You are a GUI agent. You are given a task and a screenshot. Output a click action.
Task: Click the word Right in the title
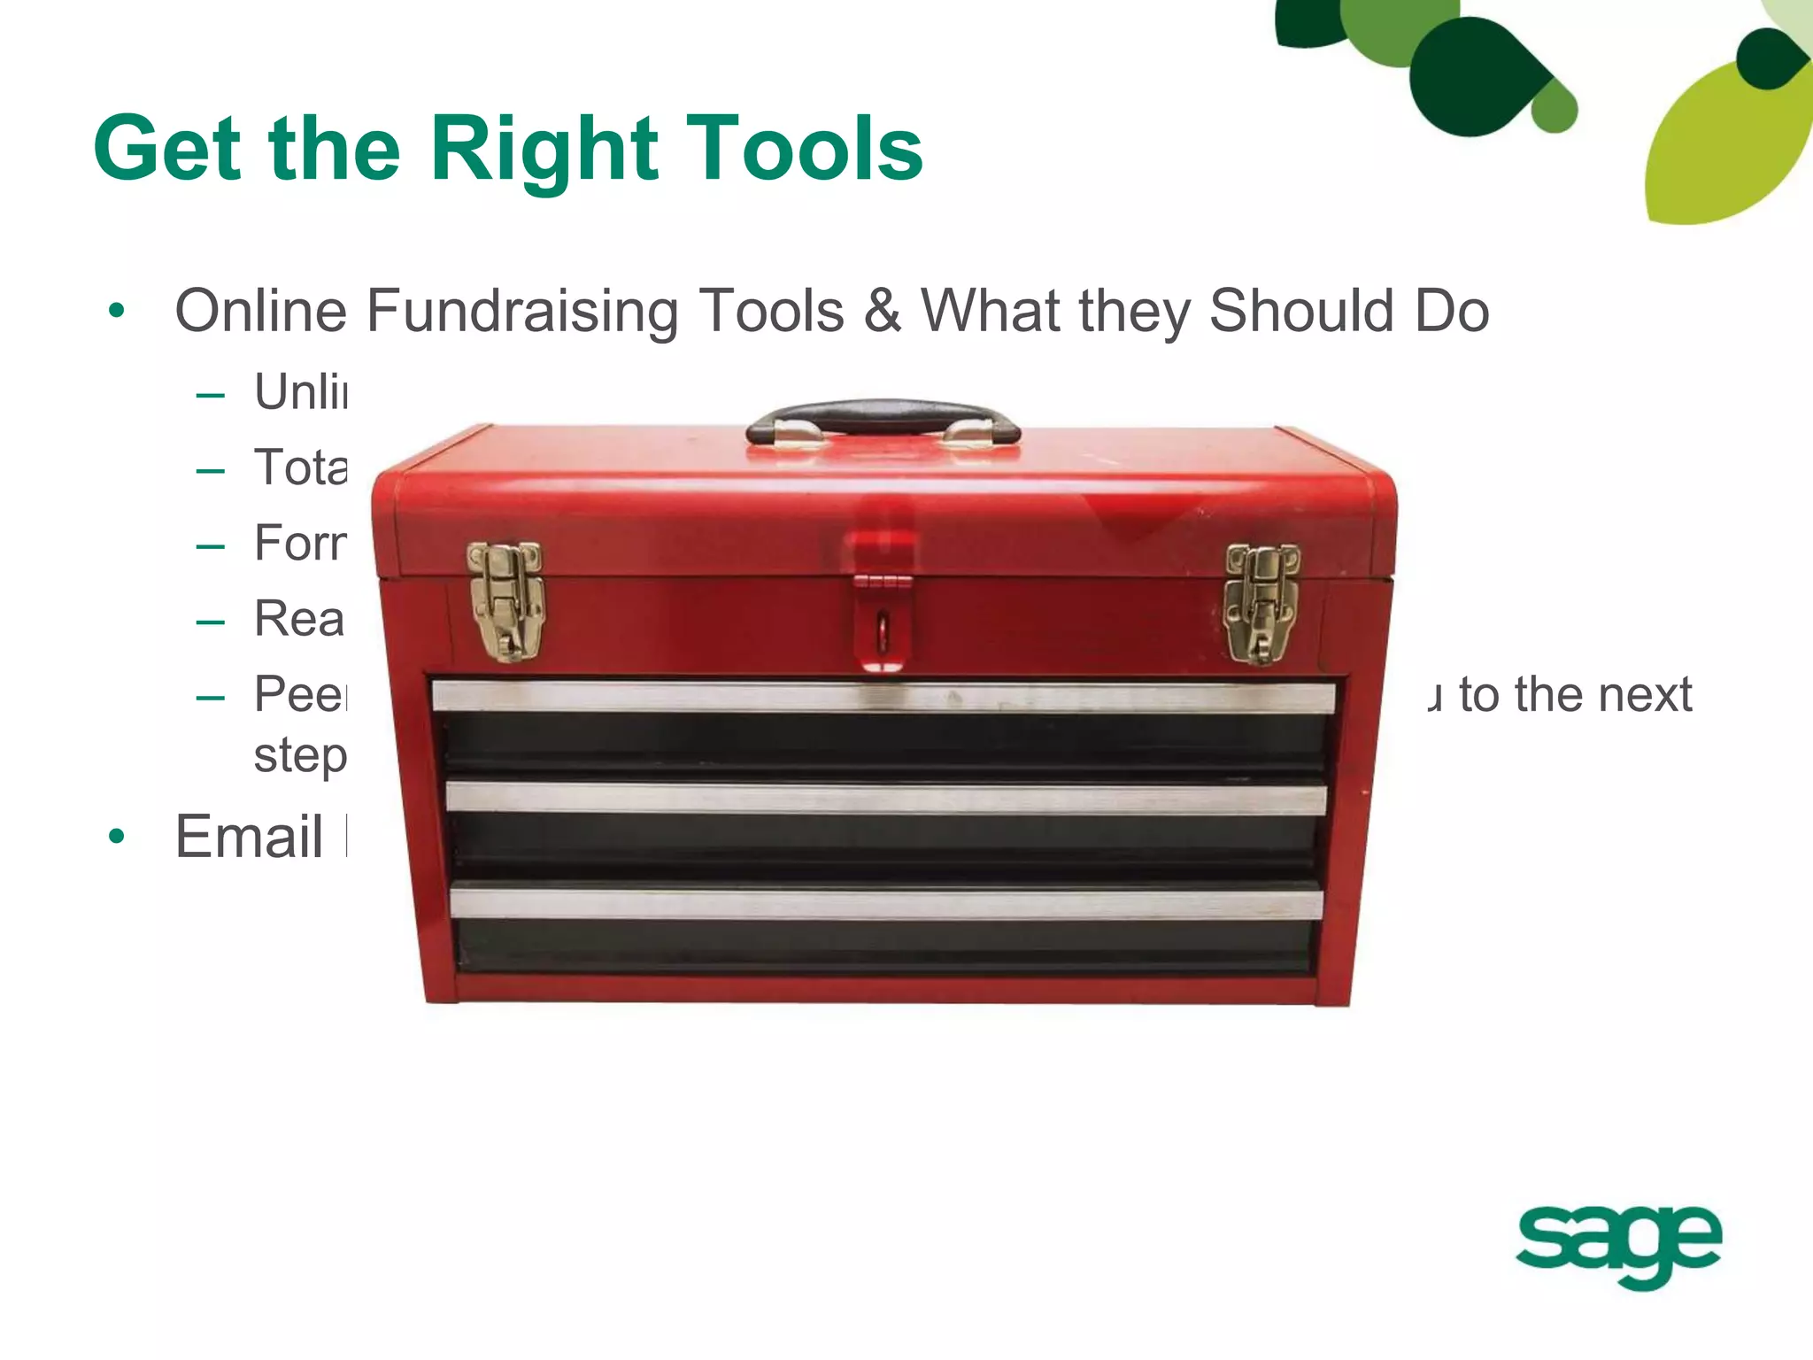[x=544, y=149]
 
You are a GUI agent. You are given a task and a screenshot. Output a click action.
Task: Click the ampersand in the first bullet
[x=883, y=312]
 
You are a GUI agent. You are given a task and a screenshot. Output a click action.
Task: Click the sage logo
[x=1618, y=1243]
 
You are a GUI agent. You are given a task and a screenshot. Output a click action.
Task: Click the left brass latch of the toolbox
[x=505, y=600]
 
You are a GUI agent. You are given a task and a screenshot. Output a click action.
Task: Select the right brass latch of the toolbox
[x=1261, y=602]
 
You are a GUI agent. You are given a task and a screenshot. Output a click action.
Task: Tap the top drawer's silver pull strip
[x=883, y=697]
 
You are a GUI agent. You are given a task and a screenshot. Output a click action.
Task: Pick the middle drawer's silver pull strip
[x=885, y=798]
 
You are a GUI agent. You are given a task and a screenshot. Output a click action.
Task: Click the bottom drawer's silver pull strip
[x=885, y=903]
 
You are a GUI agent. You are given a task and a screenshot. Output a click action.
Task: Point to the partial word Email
[x=250, y=837]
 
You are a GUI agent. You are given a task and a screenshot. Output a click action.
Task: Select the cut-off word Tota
[x=300, y=467]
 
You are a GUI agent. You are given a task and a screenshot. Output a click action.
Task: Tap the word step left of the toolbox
[x=299, y=756]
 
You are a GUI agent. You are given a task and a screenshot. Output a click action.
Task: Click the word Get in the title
[x=167, y=149]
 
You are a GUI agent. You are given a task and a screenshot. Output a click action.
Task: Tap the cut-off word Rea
[x=298, y=619]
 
